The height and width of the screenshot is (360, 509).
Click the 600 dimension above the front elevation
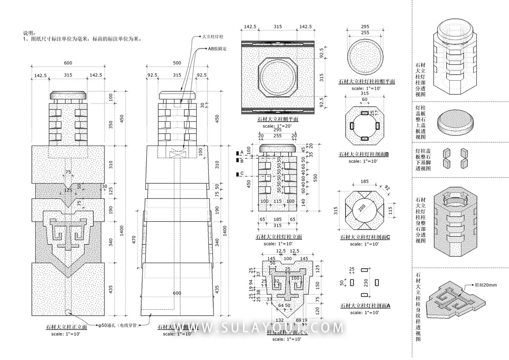pyautogui.click(x=68, y=63)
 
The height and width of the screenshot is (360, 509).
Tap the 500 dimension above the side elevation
pyautogui.click(x=177, y=63)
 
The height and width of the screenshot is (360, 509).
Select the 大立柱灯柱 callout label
pyautogui.click(x=213, y=37)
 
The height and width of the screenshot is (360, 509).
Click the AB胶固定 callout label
pyautogui.click(x=217, y=49)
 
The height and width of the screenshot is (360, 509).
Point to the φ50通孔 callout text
pyautogui.click(x=118, y=325)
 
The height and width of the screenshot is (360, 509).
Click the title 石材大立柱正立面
pyautogui.click(x=67, y=327)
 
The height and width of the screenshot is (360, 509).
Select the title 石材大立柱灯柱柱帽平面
pyautogui.click(x=367, y=82)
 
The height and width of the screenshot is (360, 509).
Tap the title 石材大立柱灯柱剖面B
pyautogui.click(x=364, y=154)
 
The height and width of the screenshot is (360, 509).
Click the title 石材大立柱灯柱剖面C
pyautogui.click(x=365, y=238)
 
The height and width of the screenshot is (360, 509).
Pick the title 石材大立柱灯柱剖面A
pyautogui.click(x=365, y=306)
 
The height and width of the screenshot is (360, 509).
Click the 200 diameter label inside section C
pyautogui.click(x=362, y=208)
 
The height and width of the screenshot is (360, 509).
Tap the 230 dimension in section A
pyautogui.click(x=366, y=282)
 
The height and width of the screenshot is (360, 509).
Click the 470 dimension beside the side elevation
pyautogui.click(x=134, y=240)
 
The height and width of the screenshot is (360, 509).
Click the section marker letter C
pyautogui.click(x=242, y=174)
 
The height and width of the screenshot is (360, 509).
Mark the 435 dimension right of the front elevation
pyautogui.click(x=111, y=289)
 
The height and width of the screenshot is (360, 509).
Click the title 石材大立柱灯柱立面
pyautogui.click(x=279, y=237)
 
